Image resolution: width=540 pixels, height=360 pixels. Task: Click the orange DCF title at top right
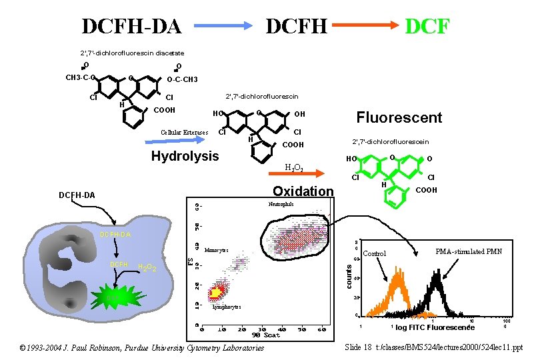pyautogui.click(x=427, y=27)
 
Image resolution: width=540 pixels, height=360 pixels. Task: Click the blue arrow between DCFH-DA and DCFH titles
pyautogui.click(x=223, y=26)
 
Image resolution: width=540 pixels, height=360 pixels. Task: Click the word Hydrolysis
pyautogui.click(x=185, y=157)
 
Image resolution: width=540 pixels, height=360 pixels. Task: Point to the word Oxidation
pyautogui.click(x=303, y=191)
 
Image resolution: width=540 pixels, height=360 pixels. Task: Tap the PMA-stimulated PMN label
pyautogui.click(x=468, y=251)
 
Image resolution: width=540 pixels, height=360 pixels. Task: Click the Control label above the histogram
pyautogui.click(x=375, y=253)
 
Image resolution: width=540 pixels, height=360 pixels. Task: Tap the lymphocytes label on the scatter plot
pyautogui.click(x=226, y=307)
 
